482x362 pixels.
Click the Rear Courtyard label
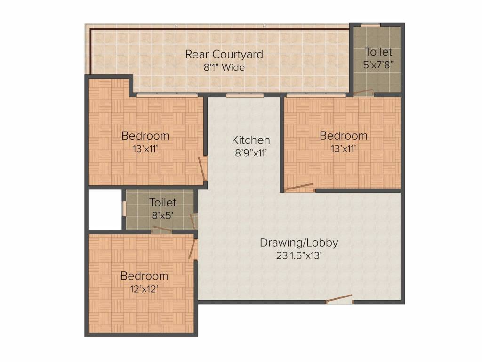224,54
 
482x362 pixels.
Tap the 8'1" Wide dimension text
224,67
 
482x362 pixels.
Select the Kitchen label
251,140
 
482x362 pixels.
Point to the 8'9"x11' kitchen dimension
251,153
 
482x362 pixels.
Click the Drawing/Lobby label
299,243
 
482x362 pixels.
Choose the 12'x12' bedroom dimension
144,288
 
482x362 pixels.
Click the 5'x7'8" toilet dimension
378,65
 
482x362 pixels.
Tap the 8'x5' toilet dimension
162,215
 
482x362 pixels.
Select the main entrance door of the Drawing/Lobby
339,299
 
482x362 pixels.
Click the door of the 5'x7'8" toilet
363,92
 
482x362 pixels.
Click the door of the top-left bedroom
202,168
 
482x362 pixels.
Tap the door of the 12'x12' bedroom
193,248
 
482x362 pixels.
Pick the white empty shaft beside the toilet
105,209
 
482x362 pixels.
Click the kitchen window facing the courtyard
244,96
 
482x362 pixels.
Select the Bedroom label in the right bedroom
343,136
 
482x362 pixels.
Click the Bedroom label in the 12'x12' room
144,276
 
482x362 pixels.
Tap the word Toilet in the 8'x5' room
162,202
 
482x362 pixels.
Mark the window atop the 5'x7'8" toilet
370,25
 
